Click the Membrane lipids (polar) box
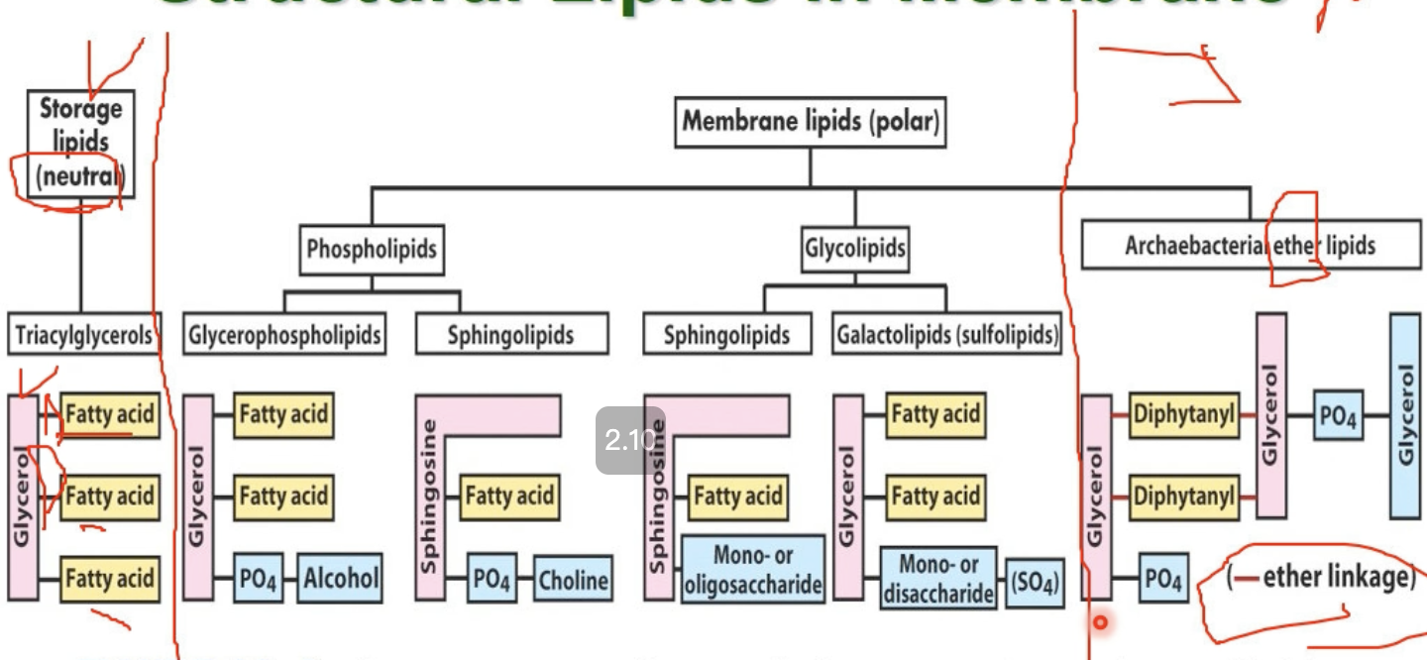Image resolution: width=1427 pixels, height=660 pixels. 810,123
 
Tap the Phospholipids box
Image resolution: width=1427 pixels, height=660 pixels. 372,248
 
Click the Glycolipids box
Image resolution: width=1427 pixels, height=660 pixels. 855,248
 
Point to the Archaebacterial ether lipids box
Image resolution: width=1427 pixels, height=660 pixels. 1251,245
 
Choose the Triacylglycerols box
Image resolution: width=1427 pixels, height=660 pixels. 84,335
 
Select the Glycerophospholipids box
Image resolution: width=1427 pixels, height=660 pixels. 284,335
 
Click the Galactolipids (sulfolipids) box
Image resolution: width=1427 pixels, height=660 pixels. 947,335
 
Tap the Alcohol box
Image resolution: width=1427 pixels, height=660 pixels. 341,578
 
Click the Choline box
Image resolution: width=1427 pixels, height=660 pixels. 573,579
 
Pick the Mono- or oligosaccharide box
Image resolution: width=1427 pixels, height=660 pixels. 753,570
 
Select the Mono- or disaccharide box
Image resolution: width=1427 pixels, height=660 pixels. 937,578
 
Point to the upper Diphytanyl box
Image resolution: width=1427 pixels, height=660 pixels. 1184,415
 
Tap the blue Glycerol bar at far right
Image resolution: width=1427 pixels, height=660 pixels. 1405,415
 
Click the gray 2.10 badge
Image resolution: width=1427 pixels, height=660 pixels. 629,440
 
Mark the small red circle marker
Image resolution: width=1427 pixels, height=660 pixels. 1099,623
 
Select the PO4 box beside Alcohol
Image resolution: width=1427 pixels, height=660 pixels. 258,579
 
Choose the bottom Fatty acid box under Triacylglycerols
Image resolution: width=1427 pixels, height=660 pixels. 109,578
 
